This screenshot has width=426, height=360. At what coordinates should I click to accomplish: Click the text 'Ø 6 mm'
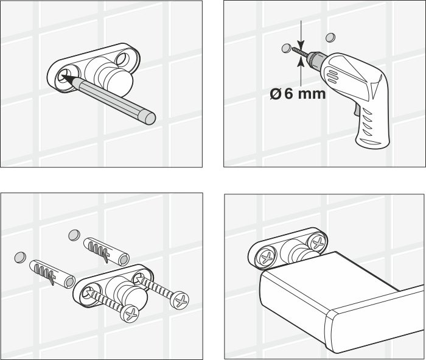coord(297,94)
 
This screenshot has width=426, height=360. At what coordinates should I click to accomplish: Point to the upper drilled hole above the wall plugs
coord(75,234)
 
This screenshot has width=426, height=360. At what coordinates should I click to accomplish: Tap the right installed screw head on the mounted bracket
coord(316,243)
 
